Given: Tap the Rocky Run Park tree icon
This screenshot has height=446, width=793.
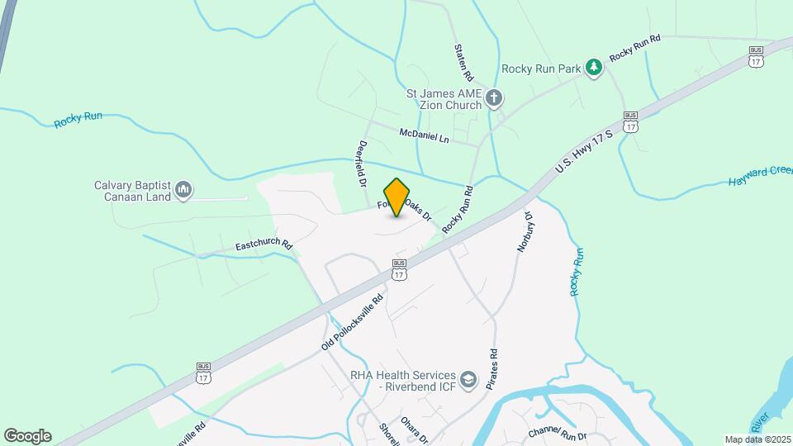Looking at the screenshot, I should click(x=593, y=68).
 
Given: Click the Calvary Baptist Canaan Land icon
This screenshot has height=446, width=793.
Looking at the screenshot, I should click(x=183, y=192).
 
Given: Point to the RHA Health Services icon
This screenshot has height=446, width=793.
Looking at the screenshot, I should click(x=469, y=379).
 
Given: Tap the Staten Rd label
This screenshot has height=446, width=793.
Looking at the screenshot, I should click(x=461, y=62).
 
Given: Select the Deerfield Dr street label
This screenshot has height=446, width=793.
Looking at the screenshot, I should click(x=362, y=162).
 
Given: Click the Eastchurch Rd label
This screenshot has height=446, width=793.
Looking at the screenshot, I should click(x=264, y=245).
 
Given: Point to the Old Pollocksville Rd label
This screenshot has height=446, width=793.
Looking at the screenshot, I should click(x=353, y=323).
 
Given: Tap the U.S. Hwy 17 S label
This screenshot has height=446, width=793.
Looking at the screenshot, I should click(x=585, y=150).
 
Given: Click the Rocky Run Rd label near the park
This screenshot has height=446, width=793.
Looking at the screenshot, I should click(x=635, y=49).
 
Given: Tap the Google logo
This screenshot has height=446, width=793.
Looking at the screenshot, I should click(x=27, y=435).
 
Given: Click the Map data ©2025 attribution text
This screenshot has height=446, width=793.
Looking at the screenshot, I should click(x=757, y=439).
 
